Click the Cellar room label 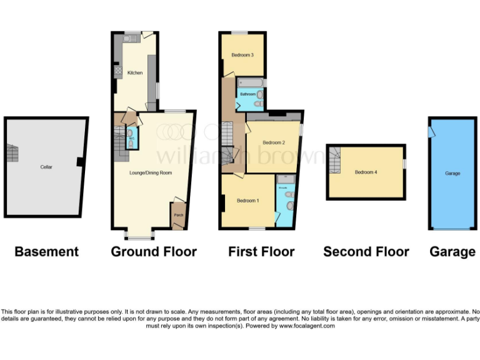click(46, 167)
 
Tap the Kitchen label click(135, 73)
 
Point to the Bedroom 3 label click(242, 55)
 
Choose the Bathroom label click(247, 94)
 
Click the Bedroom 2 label click(274, 142)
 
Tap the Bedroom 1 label click(247, 201)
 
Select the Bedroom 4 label click(366, 172)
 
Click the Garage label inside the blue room click(452, 173)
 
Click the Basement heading click(47, 252)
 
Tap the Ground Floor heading click(154, 252)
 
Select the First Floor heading click(261, 252)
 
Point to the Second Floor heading click(366, 252)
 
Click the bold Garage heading click(452, 252)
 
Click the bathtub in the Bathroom click(251, 82)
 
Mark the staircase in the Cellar click(12, 152)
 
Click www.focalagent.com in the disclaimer click(306, 326)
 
